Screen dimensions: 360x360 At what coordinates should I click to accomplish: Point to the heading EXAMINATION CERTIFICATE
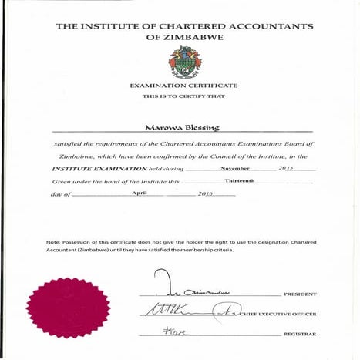(x=183, y=85)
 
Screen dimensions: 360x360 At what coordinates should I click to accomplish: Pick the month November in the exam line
(x=235, y=167)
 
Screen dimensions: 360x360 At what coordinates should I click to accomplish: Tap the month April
(x=140, y=193)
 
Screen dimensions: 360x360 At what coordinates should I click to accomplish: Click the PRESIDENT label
(x=300, y=294)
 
